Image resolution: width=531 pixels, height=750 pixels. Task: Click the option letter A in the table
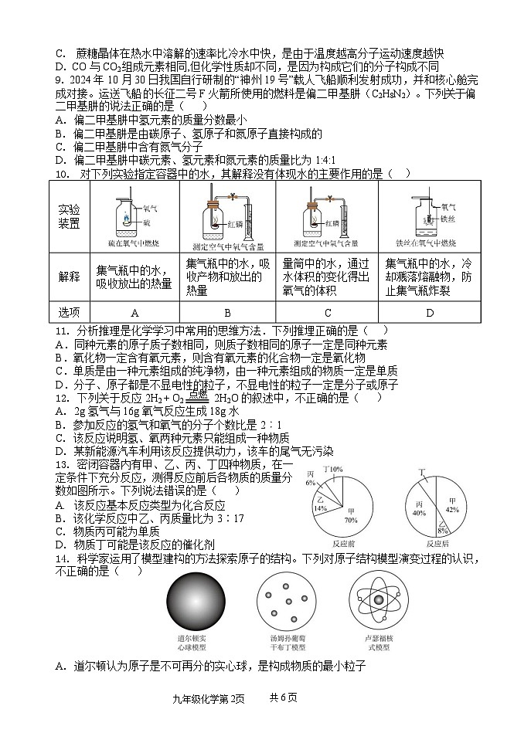point(134,313)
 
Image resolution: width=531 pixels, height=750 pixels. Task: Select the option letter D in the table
point(429,313)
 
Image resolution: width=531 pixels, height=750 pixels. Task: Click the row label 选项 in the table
point(69,313)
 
